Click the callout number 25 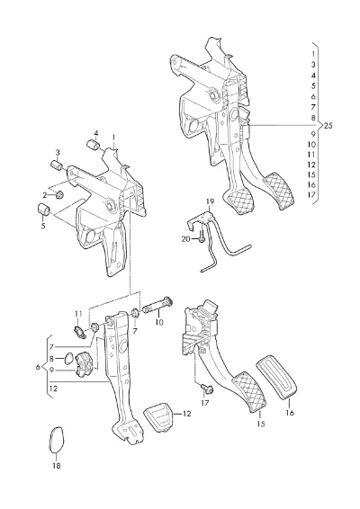[x=328, y=125]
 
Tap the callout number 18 [x=56, y=466]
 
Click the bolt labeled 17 [x=207, y=388]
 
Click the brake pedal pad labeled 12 [x=157, y=418]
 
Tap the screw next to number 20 [x=201, y=237]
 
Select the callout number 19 [x=211, y=202]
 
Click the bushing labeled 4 [x=94, y=145]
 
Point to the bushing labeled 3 [x=58, y=165]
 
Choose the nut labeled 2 [x=59, y=195]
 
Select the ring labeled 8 [x=67, y=359]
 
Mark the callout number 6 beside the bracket [x=38, y=367]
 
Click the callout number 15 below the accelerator [x=261, y=424]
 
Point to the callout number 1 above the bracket [x=113, y=138]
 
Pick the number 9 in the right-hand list [x=313, y=134]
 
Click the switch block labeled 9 [x=85, y=365]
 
